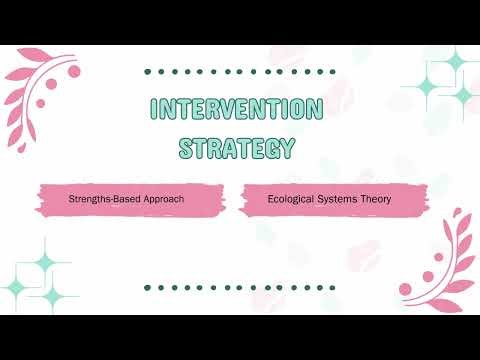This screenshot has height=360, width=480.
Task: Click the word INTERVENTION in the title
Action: coord(237,111)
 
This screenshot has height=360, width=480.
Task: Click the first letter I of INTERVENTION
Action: coord(156,111)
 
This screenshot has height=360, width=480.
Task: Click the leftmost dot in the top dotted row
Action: coord(148,72)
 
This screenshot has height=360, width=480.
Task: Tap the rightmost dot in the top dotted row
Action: coord(327,72)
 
